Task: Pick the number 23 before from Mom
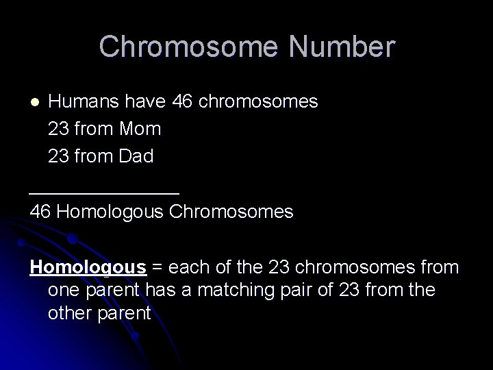coord(59,129)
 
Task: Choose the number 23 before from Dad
coord(59,156)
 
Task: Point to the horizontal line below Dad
coord(104,193)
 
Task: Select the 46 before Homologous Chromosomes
coord(40,211)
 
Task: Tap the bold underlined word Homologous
coord(88,267)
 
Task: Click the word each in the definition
coord(187,267)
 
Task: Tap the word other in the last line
coord(69,313)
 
